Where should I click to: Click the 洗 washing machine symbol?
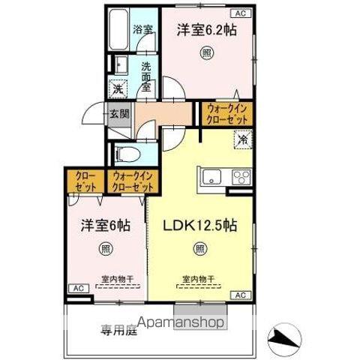coord(118,88)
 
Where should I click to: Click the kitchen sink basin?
coord(211,177)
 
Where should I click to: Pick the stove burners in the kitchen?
coord(241,177)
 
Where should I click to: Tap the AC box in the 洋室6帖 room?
coord(77,288)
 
